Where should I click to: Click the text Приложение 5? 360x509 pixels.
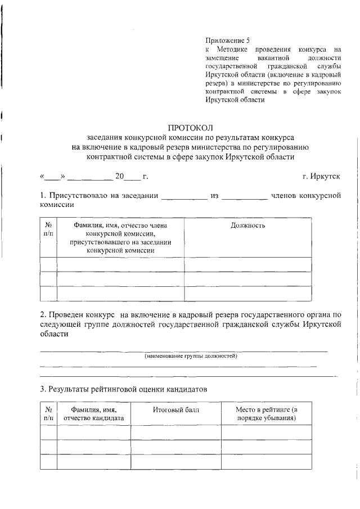(x=227, y=41)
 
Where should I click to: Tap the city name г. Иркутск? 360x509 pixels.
(x=321, y=177)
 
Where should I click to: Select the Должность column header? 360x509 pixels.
(x=247, y=226)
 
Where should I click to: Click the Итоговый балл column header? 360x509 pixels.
(x=175, y=410)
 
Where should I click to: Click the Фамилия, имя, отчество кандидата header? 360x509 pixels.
(x=93, y=414)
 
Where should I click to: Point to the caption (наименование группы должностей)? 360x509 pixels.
(x=191, y=357)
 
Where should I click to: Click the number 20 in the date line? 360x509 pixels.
(x=119, y=177)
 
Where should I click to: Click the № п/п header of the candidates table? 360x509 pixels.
(x=48, y=414)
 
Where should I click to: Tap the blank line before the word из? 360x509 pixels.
(x=184, y=197)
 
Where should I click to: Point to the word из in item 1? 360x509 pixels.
(x=214, y=196)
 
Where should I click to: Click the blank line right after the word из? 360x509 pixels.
(x=245, y=197)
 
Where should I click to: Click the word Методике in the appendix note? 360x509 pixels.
(x=227, y=49)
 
